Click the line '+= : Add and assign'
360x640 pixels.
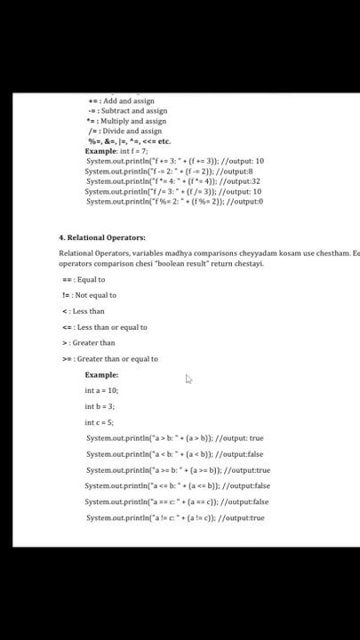[x=122, y=101]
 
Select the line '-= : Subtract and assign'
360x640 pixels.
[x=127, y=111]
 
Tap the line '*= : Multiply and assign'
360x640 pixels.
[x=126, y=121]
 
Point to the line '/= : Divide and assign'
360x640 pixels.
[x=124, y=131]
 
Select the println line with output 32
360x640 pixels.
[x=172, y=181]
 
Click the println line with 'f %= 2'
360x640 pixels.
[x=174, y=202]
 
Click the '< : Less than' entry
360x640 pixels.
[x=84, y=311]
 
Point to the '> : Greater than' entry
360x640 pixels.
[x=89, y=343]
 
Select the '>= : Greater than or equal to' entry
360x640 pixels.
[x=110, y=359]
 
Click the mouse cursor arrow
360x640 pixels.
[x=188, y=380]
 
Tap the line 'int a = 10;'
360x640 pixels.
[x=101, y=391]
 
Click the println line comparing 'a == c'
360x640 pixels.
[x=177, y=502]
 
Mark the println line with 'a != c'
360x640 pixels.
[x=175, y=518]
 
